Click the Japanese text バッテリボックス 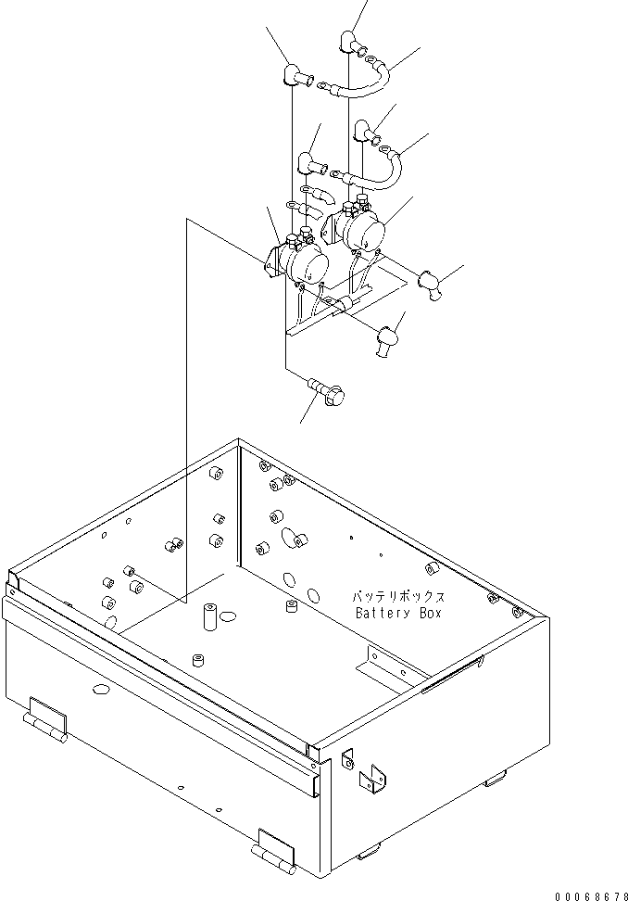(398, 597)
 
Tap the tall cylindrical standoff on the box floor (209, 615)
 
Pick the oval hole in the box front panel (99, 689)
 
